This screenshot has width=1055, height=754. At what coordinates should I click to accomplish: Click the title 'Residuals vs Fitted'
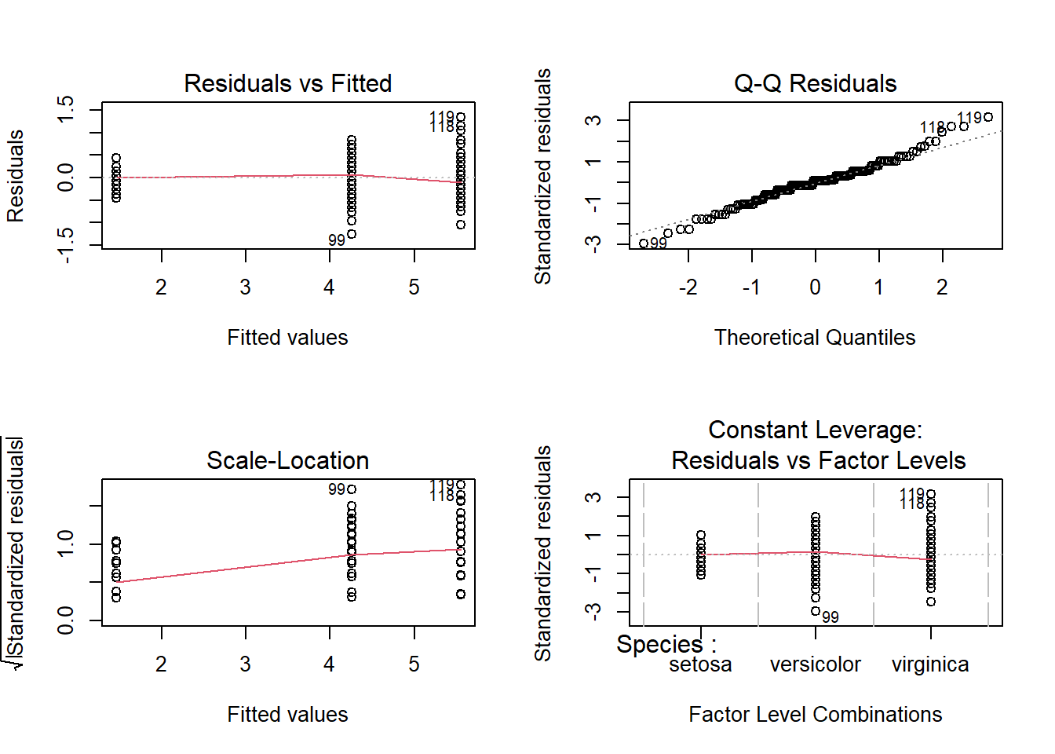coord(287,83)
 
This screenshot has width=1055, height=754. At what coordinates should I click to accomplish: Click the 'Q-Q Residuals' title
coord(815,83)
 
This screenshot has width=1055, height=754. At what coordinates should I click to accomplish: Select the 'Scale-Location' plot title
coord(287,460)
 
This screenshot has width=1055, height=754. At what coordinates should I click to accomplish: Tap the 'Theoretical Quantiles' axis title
coord(815,337)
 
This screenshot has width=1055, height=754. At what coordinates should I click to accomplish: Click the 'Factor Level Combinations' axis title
coord(815,714)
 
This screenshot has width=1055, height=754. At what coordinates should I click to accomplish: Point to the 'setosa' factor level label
coord(700,664)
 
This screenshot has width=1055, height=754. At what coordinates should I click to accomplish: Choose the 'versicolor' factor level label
coord(815,664)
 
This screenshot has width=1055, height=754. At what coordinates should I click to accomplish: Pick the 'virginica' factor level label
coord(930,664)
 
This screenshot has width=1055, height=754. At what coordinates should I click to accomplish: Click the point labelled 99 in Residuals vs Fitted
coord(352,233)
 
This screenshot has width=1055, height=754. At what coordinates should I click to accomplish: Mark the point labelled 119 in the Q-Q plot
coord(988,117)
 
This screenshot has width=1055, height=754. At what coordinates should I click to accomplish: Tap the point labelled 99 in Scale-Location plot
coord(352,489)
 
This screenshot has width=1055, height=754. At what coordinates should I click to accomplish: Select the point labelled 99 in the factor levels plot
coord(816,611)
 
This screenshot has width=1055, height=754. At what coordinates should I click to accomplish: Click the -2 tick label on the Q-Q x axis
coord(688,287)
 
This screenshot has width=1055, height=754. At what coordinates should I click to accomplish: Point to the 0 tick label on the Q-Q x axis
coord(815,287)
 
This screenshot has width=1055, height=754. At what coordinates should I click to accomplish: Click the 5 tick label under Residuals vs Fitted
coord(414,287)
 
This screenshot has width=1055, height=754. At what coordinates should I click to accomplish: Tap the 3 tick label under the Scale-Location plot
coord(246,664)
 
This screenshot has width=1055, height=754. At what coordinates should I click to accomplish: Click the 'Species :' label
coord(666,645)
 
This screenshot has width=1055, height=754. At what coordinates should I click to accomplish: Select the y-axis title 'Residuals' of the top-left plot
coord(16,176)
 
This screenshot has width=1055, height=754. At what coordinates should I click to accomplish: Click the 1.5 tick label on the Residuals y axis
coord(66,108)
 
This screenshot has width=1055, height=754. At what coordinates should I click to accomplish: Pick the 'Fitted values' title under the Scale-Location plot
coord(287,714)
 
